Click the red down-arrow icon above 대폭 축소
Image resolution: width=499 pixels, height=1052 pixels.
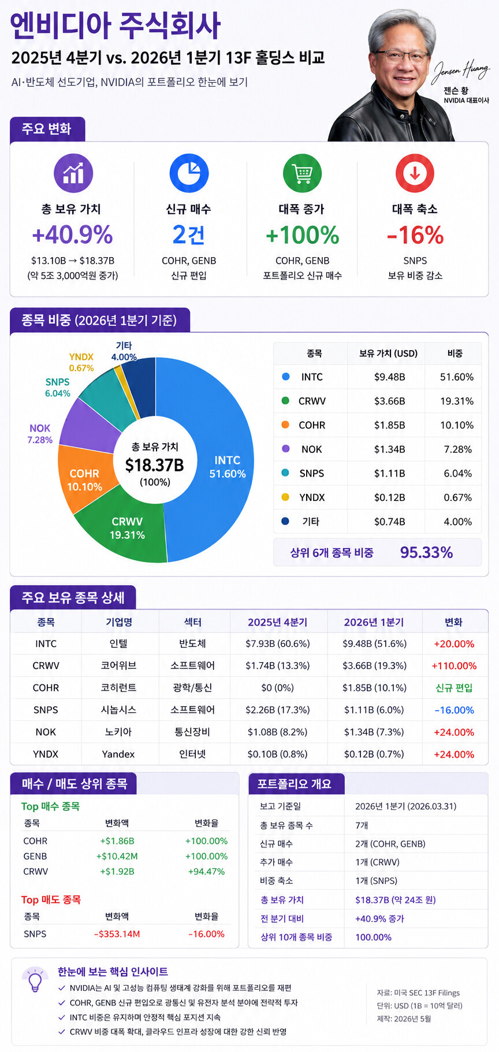coord(415,173)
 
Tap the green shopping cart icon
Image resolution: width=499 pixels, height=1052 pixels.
coord(302,173)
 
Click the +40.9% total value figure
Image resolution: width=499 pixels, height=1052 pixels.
coord(73,235)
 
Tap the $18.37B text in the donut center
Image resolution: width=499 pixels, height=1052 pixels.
coord(155,465)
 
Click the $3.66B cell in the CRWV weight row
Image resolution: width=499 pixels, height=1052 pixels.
coord(389,401)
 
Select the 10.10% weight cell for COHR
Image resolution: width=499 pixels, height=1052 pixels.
coord(457,425)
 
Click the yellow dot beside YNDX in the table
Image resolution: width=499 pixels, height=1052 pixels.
coord(285,497)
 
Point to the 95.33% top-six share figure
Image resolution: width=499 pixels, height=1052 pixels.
coord(426,552)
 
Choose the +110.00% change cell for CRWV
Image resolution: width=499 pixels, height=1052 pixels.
coord(454,666)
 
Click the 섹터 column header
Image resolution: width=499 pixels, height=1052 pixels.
coord(193,622)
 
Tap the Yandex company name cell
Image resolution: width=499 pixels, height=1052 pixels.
coord(118,754)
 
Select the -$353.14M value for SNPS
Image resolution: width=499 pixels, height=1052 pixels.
coord(117,934)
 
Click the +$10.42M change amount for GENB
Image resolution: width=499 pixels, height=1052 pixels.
coord(117,856)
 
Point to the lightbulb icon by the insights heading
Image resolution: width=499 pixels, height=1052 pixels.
coord(35,980)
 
